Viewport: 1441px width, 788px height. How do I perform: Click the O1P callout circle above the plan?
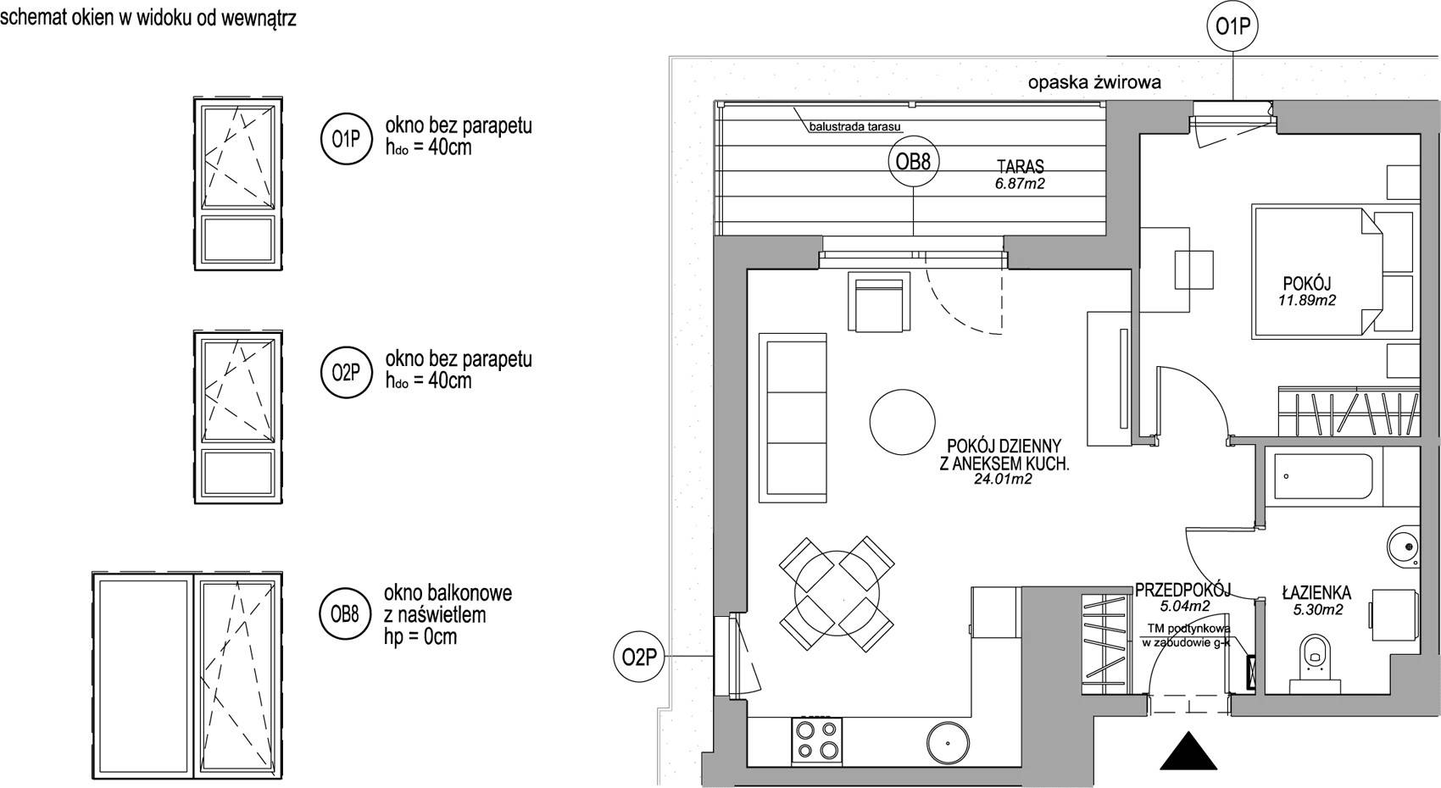click(1232, 26)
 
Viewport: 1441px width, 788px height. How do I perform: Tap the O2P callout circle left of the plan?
click(638, 656)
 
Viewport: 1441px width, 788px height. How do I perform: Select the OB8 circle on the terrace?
click(913, 162)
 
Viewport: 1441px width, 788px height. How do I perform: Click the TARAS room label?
click(1020, 167)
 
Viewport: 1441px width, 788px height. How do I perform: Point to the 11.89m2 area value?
click(1306, 300)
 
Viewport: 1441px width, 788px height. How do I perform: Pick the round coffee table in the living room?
click(902, 422)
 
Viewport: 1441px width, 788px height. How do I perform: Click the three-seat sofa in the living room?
click(793, 418)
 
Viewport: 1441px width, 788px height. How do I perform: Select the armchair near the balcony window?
click(879, 301)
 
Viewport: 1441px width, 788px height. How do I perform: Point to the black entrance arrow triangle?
click(1188, 751)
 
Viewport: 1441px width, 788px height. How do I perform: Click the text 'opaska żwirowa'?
click(1094, 82)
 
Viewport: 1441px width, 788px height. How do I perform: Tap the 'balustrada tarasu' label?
click(854, 127)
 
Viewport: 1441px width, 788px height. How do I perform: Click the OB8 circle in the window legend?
click(346, 614)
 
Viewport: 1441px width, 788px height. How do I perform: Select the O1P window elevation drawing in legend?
click(238, 184)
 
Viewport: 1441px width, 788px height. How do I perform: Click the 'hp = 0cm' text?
click(420, 637)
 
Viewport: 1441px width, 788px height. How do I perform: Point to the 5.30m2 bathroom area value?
click(1318, 609)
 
